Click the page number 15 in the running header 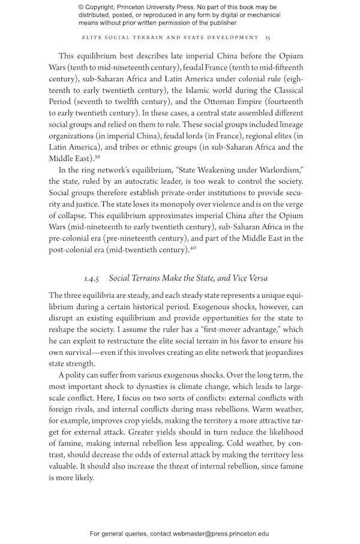[268, 37]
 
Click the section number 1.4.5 [94, 278]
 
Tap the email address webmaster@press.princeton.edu [221, 533]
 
